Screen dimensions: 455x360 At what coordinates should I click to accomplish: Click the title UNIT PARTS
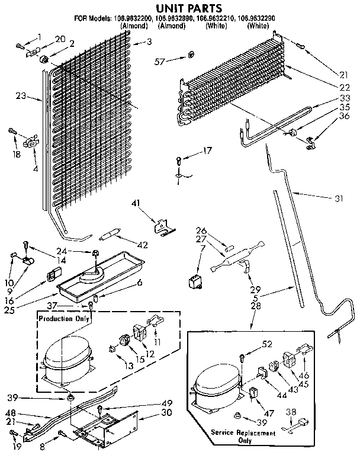[180, 8]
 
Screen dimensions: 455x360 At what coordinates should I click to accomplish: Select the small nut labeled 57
[191, 55]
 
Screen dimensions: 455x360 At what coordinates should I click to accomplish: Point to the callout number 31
[338, 198]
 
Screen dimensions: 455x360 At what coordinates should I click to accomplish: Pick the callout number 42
[143, 244]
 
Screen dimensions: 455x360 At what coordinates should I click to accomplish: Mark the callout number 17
[207, 151]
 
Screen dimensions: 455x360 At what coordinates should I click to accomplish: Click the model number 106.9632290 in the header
[257, 18]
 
